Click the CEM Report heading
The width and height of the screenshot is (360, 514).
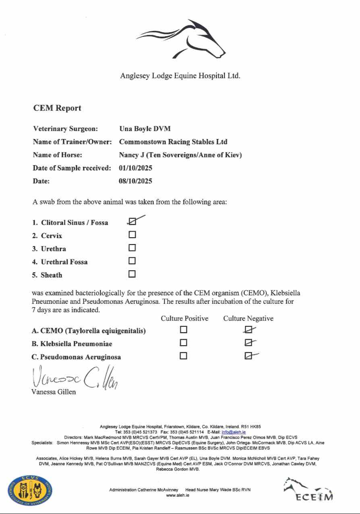coord(57,108)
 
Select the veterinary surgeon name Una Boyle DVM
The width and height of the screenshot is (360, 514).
coord(145,129)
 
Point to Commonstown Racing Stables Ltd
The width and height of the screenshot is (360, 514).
coord(173,142)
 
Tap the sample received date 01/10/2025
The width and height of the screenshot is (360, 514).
coord(135,168)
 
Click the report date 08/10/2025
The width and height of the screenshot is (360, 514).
coord(135,181)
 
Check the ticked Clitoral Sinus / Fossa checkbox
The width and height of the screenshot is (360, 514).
coord(132,221)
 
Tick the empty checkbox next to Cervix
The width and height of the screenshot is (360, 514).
coord(132,234)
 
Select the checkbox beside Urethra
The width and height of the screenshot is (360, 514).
coord(132,248)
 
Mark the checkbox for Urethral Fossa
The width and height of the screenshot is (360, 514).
coord(132,261)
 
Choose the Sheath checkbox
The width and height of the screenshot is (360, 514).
coord(132,274)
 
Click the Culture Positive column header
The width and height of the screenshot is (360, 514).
coord(184,318)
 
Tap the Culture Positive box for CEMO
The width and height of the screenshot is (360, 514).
coord(184,330)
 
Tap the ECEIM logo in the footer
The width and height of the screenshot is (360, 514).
coord(308,490)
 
